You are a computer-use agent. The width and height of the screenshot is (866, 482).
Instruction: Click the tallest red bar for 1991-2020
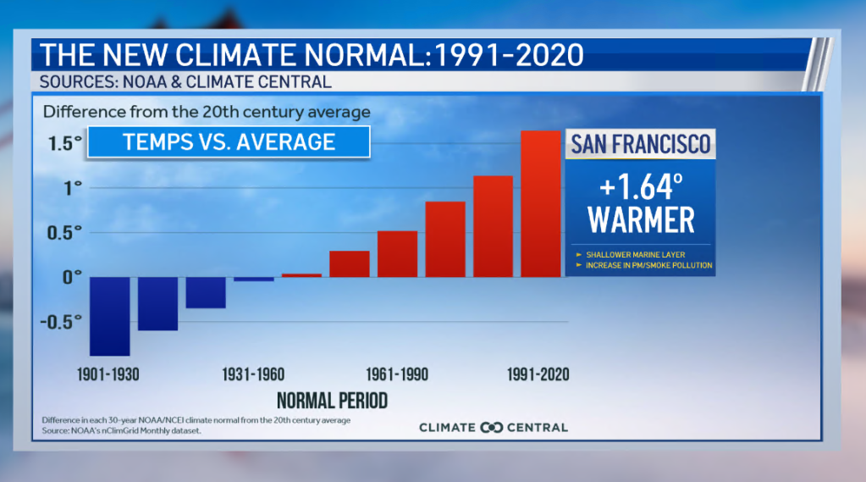point(540,203)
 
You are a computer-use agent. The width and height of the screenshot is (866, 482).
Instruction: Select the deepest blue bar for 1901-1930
point(109,315)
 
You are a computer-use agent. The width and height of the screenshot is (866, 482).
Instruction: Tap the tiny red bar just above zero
point(301,274)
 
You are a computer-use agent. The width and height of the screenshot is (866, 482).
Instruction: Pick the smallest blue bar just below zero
point(254,279)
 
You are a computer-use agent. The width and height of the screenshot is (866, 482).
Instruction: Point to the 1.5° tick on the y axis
point(64,142)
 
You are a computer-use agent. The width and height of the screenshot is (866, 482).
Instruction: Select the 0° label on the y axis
point(72,276)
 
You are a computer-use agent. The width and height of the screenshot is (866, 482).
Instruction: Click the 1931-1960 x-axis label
point(253,374)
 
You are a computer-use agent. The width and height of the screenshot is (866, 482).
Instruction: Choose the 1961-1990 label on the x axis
point(397,374)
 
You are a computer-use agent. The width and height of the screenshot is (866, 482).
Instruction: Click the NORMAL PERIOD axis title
point(332,399)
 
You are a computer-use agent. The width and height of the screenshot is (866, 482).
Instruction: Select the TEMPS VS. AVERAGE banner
point(229,141)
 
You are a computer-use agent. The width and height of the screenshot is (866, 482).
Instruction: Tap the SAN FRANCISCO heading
point(640,143)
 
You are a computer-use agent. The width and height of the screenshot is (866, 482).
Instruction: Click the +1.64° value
point(640,186)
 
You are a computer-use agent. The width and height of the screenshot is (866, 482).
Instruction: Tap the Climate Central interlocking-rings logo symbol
point(491,427)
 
